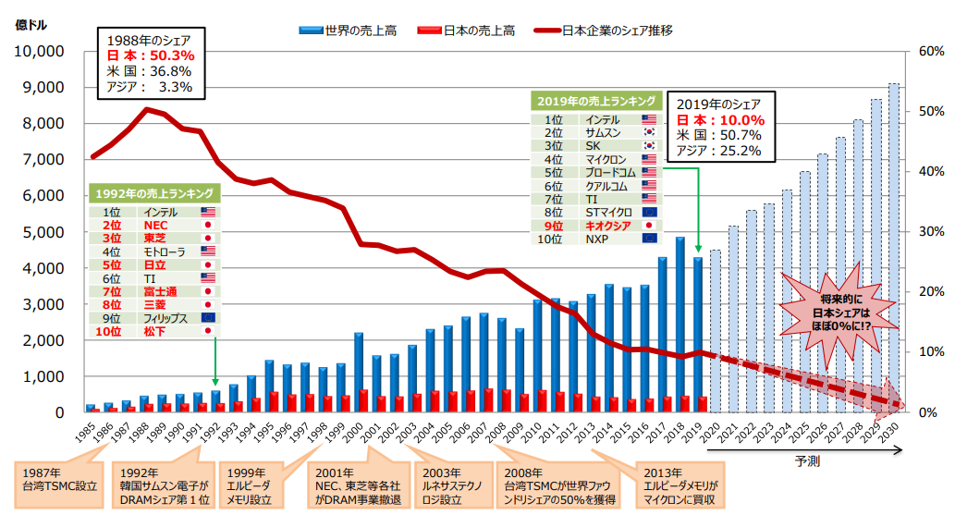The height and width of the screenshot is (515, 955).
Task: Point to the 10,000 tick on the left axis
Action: (x=37, y=51)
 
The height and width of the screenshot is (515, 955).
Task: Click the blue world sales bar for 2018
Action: (x=680, y=324)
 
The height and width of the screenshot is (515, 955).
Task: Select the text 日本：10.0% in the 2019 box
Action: (x=719, y=120)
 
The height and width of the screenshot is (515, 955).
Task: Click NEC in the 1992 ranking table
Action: (x=154, y=225)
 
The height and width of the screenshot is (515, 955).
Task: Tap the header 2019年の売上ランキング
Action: (x=596, y=101)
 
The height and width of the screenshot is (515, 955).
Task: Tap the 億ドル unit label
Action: (x=32, y=25)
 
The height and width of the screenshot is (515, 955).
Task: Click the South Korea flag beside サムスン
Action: (x=649, y=133)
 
